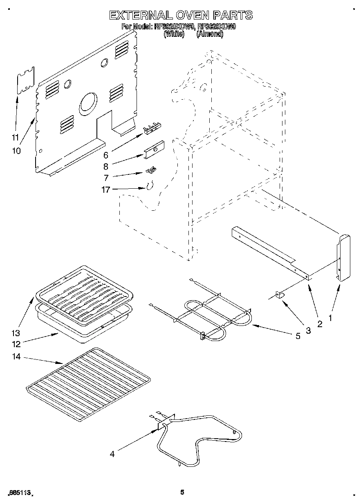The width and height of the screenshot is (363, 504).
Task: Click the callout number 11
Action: (x=15, y=138)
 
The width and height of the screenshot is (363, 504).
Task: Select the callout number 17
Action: (x=106, y=190)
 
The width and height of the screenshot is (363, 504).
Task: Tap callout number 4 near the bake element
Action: (x=112, y=454)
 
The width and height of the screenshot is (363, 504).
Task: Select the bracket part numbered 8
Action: (x=155, y=149)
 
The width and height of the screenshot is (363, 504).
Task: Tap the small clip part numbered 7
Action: (x=151, y=169)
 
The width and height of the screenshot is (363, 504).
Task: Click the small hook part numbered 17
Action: (x=149, y=186)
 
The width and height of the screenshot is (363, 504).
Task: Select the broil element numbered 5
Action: (x=204, y=314)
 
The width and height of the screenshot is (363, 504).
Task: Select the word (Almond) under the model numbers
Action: (x=210, y=35)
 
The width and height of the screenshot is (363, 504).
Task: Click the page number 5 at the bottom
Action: (x=182, y=493)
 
